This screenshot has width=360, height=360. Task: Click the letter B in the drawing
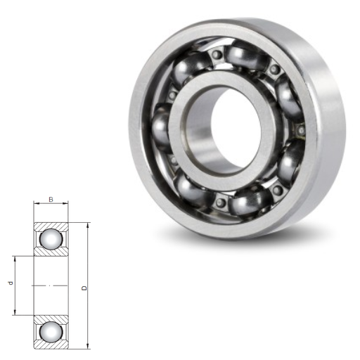point(51,200)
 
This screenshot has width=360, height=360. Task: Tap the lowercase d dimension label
point(11,283)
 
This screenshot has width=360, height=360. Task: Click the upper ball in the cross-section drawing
point(51,239)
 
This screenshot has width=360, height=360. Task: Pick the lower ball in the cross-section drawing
point(51,332)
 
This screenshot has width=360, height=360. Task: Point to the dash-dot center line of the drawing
point(50,285)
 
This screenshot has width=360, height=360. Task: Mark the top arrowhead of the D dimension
point(88,225)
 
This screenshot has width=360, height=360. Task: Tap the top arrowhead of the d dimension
point(15,259)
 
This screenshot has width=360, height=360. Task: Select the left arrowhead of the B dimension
point(37,203)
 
